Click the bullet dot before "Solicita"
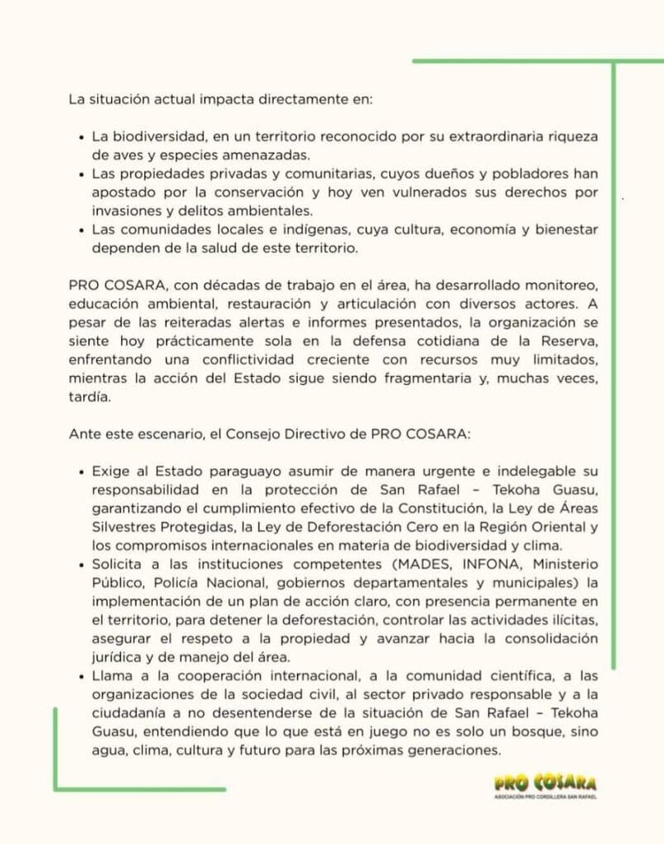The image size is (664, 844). tap(81, 563)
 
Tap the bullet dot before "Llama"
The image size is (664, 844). tap(81, 675)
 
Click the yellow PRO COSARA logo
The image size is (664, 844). tap(544, 784)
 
